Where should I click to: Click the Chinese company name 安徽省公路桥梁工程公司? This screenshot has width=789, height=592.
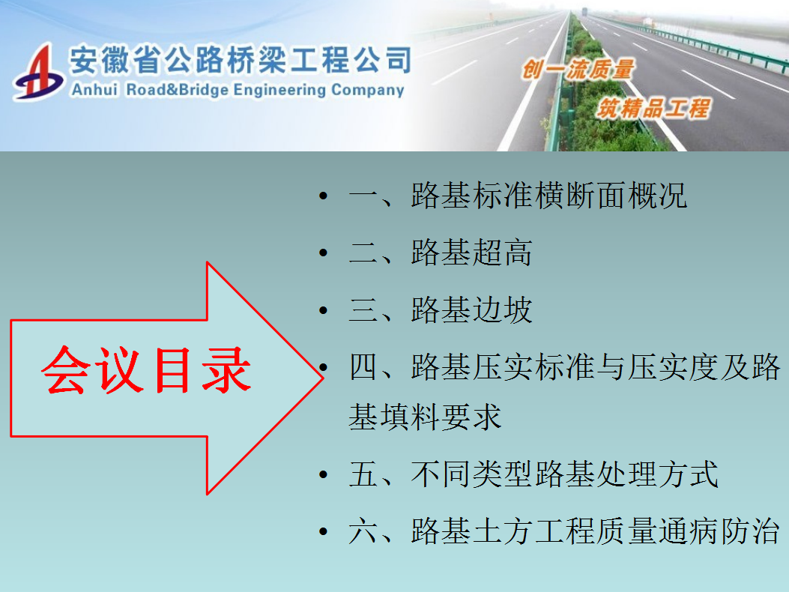click(241, 60)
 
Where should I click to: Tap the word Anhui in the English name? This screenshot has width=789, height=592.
click(94, 90)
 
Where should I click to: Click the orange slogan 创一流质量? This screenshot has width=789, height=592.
click(578, 70)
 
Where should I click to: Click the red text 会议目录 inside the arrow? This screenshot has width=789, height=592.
click(146, 370)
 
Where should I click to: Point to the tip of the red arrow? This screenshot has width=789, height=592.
click(322, 378)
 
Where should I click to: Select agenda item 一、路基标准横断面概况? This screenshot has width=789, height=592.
click(519, 196)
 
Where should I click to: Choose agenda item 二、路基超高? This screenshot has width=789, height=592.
click(441, 253)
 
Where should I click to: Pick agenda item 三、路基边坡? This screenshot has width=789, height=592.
click(441, 309)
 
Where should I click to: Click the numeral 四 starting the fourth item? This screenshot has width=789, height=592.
click(363, 366)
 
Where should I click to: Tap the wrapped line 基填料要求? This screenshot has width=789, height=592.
click(425, 417)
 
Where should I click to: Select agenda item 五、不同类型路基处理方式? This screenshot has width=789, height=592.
click(534, 474)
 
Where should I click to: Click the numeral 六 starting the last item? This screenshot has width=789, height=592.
click(363, 531)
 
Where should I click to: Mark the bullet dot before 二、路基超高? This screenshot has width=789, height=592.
click(324, 253)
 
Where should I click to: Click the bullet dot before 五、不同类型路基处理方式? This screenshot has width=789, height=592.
click(324, 474)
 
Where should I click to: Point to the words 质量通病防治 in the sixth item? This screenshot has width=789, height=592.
click(689, 531)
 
